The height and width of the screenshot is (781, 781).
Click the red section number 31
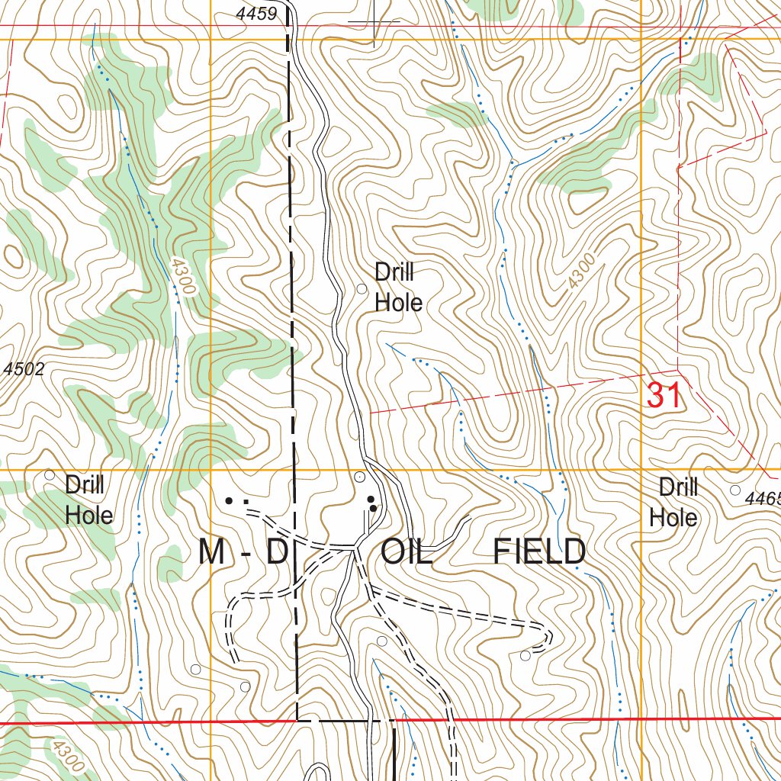(x=663, y=396)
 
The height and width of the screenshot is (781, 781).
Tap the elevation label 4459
(x=256, y=14)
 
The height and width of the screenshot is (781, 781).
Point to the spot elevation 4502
(x=24, y=369)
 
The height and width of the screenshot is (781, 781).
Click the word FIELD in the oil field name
(x=539, y=551)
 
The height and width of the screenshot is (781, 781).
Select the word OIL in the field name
(x=407, y=551)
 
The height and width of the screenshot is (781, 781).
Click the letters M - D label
(x=241, y=551)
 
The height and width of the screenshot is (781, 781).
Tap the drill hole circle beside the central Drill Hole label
(x=362, y=288)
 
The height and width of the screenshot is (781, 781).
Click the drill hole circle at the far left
(x=50, y=474)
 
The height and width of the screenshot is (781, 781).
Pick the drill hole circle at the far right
(x=735, y=490)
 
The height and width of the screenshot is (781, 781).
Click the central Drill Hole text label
(x=398, y=288)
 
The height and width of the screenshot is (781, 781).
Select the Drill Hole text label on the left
(x=88, y=500)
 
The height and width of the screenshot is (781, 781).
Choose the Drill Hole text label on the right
(x=674, y=502)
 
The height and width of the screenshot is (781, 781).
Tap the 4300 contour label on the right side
(x=581, y=272)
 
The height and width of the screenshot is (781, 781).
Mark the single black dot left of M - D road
(x=228, y=501)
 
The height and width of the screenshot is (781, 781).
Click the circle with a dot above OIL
(x=360, y=477)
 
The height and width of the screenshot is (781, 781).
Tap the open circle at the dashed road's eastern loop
(x=525, y=655)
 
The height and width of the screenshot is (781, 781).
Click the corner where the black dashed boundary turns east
(x=297, y=719)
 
